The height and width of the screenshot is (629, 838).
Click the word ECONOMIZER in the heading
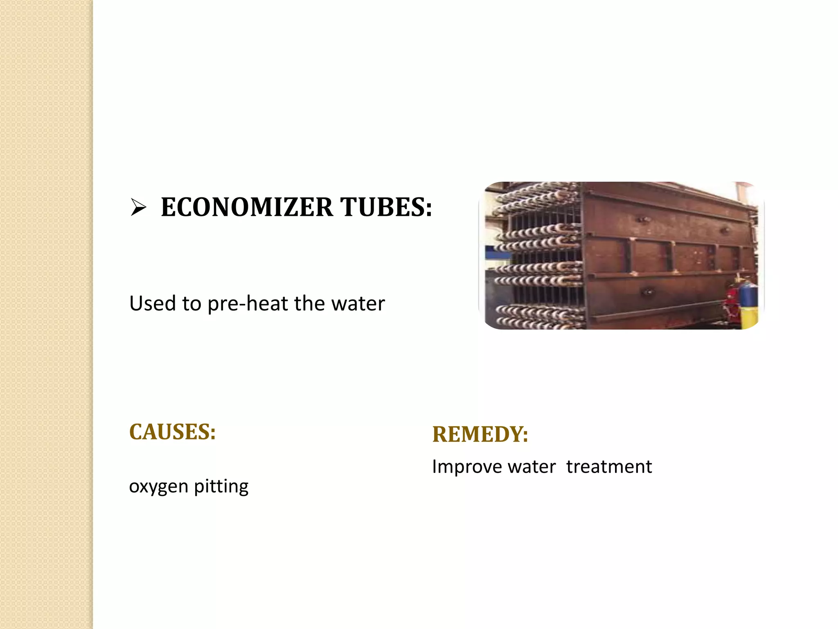point(247,207)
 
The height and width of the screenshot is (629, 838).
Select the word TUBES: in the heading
point(386,207)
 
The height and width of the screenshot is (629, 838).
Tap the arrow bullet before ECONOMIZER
point(138,207)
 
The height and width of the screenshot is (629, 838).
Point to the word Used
point(153,303)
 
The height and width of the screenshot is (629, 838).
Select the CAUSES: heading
point(172,432)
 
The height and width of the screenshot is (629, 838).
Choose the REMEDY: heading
point(480,434)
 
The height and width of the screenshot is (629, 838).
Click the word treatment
point(609,467)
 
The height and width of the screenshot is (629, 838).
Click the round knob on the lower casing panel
point(647,292)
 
